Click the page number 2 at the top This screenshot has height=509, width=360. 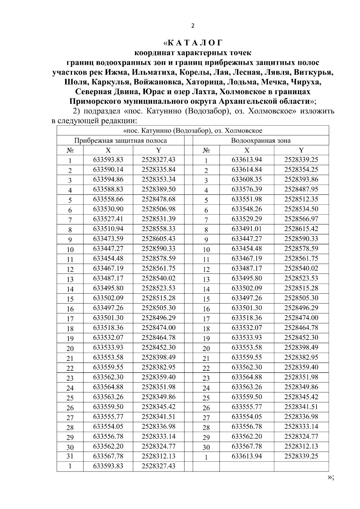click(193, 26)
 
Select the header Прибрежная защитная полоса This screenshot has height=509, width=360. click(121, 140)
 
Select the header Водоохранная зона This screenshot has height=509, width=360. click(260, 140)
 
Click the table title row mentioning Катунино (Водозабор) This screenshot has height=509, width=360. click(193, 131)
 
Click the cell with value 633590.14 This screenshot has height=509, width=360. click(108, 169)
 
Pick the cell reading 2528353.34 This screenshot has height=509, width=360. click(158, 179)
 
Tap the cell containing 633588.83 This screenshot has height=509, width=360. click(108, 189)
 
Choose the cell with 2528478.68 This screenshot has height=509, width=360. click(158, 199)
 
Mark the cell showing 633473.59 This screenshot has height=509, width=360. click(108, 239)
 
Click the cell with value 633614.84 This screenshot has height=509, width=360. click(247, 169)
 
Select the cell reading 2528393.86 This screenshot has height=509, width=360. click(301, 179)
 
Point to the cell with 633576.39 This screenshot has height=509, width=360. click(247, 189)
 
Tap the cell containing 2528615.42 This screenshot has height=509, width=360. click(301, 229)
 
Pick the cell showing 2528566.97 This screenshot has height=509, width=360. click(301, 219)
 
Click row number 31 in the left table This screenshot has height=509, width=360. click(70, 456)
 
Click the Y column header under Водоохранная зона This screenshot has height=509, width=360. click(301, 150)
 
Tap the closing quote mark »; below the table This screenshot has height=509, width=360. click(330, 477)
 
